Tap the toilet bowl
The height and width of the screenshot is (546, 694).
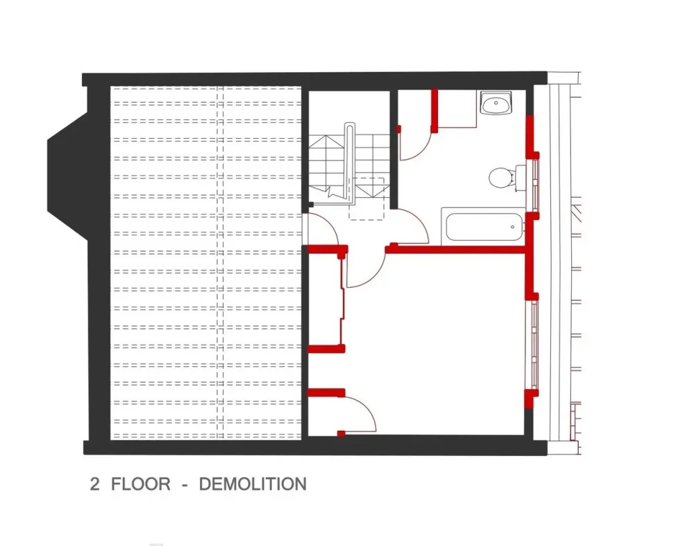[502, 178]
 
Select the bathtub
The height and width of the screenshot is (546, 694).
[483, 226]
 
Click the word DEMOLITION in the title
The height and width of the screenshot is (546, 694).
[253, 484]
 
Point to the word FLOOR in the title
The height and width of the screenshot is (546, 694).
[141, 484]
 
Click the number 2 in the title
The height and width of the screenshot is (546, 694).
[94, 484]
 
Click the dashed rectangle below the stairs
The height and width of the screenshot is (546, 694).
[366, 198]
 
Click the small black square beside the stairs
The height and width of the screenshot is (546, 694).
[311, 205]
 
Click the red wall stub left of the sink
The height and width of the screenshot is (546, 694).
[434, 110]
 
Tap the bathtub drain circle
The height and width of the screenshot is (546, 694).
[513, 227]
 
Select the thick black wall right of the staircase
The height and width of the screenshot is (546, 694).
[393, 148]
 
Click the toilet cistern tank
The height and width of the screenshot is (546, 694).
[520, 178]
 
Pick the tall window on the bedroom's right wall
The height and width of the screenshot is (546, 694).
[534, 345]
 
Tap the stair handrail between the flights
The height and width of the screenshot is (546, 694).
[350, 163]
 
